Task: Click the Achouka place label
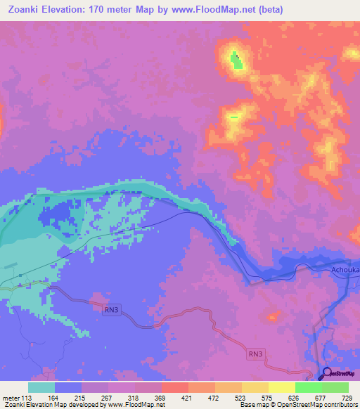point(345,268)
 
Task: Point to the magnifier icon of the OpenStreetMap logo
point(326,373)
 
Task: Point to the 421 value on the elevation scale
point(187,397)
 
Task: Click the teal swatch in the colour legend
point(41,387)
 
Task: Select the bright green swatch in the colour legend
point(308,387)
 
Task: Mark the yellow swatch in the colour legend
point(281,387)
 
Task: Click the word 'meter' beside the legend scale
point(11,397)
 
